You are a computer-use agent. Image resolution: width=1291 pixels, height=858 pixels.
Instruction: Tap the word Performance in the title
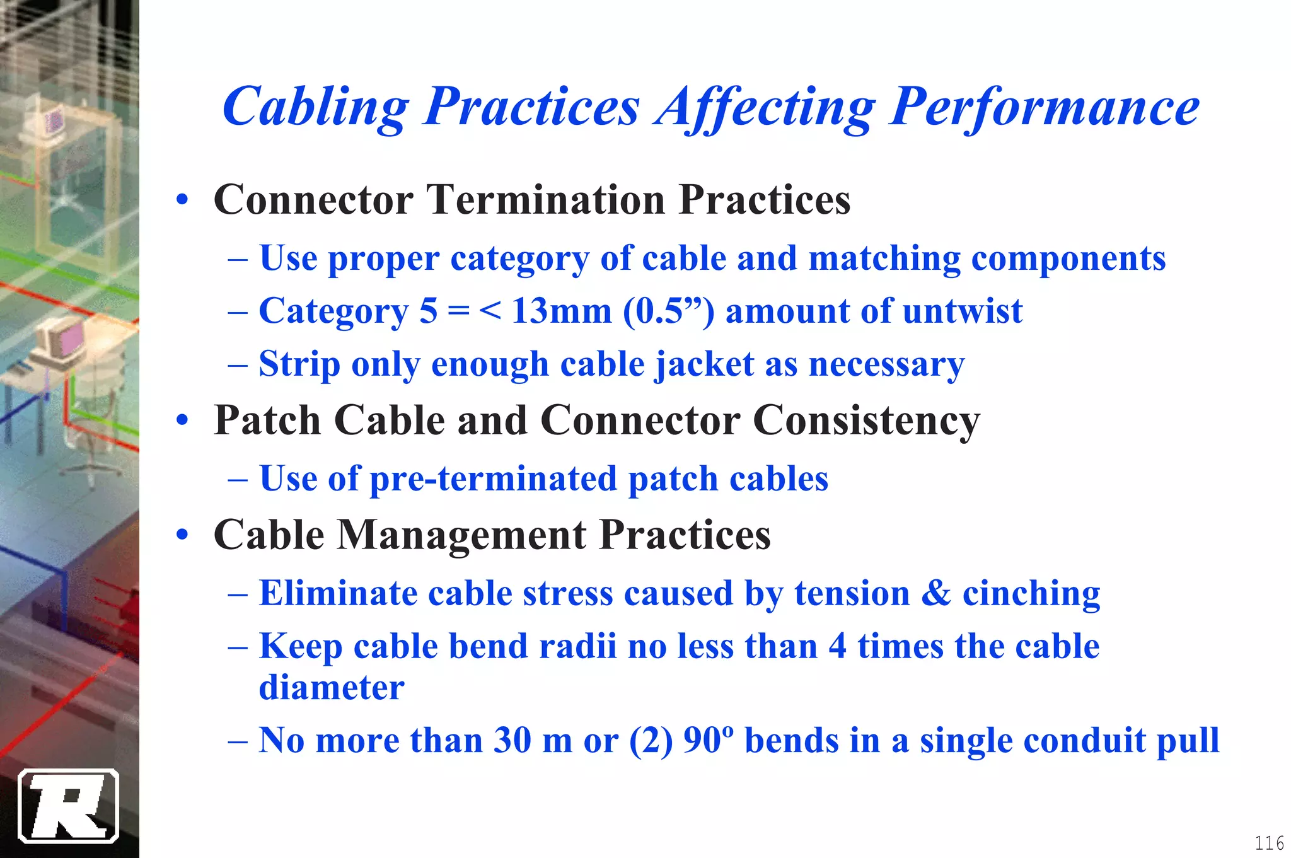tap(1044, 107)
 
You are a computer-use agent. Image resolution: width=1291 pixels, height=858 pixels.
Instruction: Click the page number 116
tap(1269, 843)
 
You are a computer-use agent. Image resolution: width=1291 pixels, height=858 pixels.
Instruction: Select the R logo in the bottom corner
tap(69, 806)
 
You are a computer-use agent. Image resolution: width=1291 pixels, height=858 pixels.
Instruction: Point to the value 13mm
tap(561, 311)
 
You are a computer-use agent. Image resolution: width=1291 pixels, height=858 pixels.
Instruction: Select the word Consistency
tap(866, 420)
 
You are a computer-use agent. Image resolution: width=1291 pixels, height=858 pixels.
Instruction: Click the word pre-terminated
tap(494, 478)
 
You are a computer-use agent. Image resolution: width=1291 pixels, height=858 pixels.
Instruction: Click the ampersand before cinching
tap(935, 593)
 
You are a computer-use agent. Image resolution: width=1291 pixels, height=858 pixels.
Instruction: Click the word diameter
tap(332, 687)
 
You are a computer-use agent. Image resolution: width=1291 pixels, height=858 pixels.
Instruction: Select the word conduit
tap(1081, 740)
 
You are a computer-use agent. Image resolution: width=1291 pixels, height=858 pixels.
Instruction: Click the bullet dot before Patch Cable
tap(183, 420)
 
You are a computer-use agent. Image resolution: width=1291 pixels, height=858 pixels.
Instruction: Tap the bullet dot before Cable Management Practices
tap(183, 535)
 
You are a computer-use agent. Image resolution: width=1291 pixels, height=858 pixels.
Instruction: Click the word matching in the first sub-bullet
tap(884, 258)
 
